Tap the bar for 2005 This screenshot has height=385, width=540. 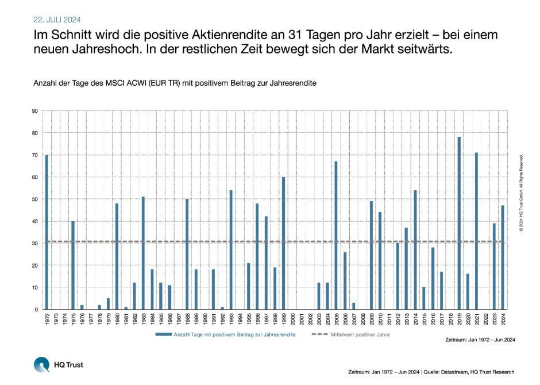[336, 235]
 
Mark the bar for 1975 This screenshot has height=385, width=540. [73, 265]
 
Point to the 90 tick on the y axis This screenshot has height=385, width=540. [36, 111]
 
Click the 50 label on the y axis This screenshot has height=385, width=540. [36, 199]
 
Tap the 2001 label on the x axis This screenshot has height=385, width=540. [301, 318]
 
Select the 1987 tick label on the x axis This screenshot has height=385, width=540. [178, 318]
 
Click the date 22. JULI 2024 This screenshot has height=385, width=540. [56, 18]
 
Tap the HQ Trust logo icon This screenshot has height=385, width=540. [42, 365]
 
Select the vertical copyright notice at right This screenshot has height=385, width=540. [520, 193]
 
